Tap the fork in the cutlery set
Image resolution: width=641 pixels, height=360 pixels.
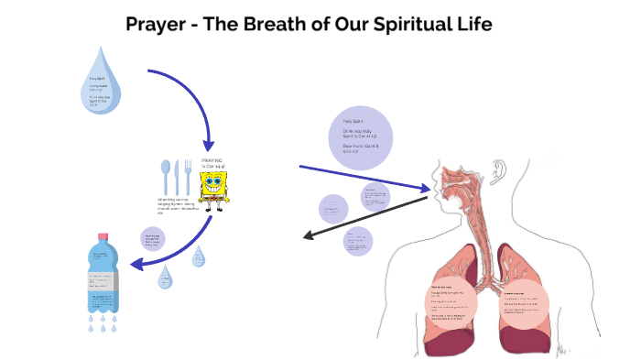(x=187, y=176)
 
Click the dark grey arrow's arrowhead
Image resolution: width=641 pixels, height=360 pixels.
(x=309, y=237)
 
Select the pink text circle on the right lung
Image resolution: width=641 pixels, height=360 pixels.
(x=526, y=302)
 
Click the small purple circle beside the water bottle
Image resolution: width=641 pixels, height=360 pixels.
(x=153, y=240)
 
